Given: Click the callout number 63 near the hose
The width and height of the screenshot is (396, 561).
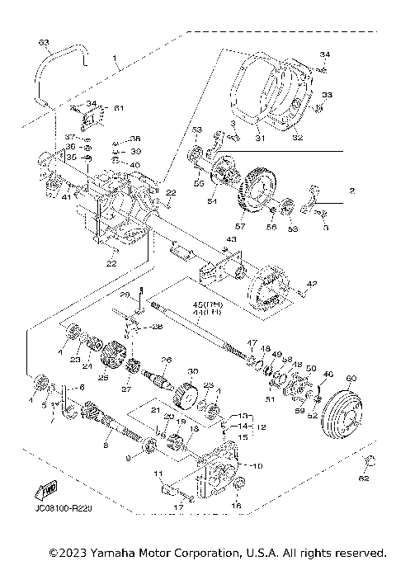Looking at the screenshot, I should (44, 41).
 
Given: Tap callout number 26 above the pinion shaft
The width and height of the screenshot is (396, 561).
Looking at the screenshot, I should (166, 360).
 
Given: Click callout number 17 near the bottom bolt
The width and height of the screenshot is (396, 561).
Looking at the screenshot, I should (178, 508).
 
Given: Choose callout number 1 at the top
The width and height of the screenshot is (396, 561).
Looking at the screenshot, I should (118, 60).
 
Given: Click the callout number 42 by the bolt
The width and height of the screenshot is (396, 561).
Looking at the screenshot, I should (311, 284).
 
